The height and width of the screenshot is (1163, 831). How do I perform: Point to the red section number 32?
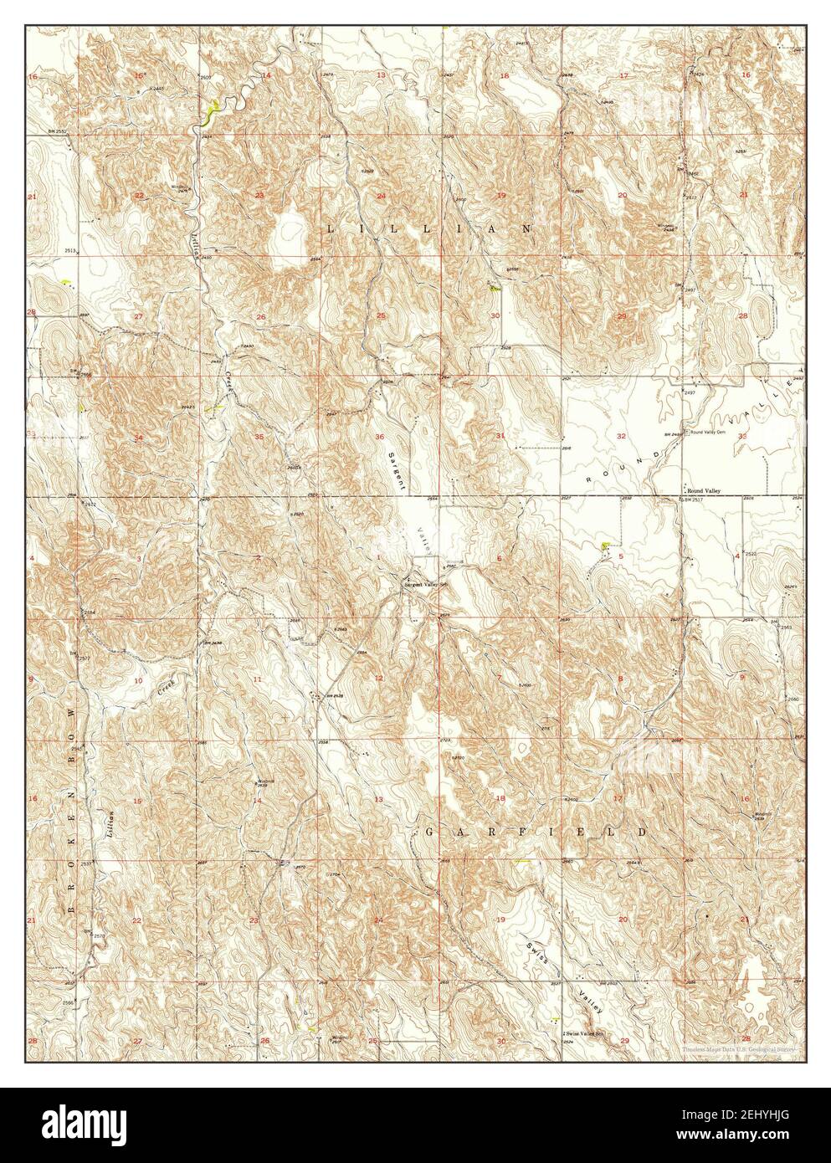click(621, 437)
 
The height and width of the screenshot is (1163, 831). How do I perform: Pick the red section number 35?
click(259, 437)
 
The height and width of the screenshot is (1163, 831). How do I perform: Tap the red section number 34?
click(139, 437)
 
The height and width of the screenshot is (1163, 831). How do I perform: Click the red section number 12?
click(379, 678)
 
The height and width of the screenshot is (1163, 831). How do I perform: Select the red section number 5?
click(621, 556)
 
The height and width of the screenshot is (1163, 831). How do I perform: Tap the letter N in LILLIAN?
click(527, 228)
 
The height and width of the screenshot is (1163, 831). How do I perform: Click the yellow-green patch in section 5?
click(604, 546)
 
